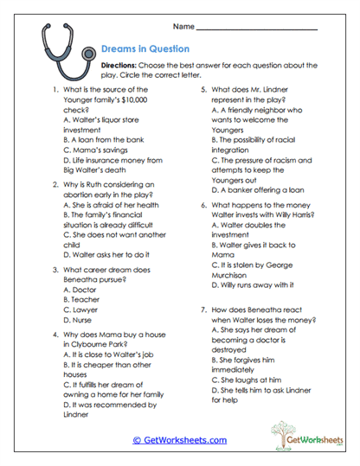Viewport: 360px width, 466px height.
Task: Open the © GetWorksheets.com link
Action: click(179, 440)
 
